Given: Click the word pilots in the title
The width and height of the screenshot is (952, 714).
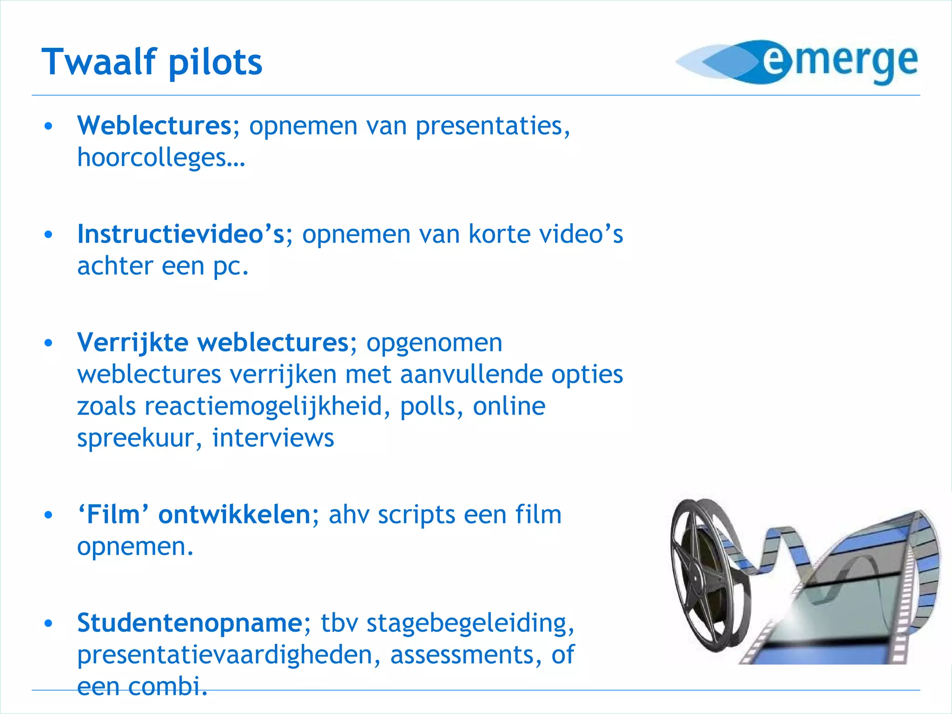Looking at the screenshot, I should [215, 63].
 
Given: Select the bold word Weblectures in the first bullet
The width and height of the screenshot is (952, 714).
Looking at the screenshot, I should [154, 126].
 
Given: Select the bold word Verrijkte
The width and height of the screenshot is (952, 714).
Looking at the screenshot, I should [132, 343].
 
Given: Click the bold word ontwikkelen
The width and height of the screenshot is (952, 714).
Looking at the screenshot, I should [234, 515].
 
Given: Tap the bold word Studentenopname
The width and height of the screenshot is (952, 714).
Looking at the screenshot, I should [190, 623].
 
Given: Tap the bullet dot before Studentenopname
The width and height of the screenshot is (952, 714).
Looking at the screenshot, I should [48, 623].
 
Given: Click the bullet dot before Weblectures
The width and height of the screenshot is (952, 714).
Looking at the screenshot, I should [48, 126].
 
